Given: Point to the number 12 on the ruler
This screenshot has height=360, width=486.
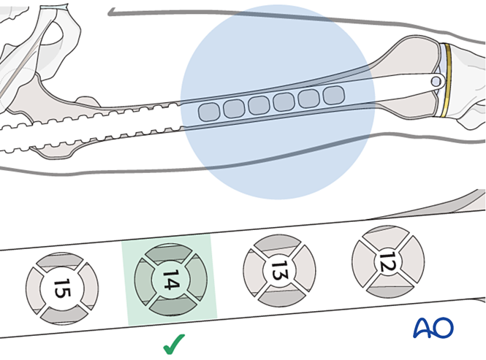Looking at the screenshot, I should coord(388,258).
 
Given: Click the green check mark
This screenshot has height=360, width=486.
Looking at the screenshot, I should coord(173,342).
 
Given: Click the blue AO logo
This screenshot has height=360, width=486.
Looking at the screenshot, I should coord(433,328).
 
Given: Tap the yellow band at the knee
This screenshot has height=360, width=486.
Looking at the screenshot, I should coord(447,80).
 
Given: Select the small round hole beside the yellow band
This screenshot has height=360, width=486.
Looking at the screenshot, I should coord(436,82).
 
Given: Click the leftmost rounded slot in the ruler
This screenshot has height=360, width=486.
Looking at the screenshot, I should coord(210,112).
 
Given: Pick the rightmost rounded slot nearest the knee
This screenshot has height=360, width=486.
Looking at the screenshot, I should coord(333,95).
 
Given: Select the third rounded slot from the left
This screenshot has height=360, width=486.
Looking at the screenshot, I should coord(259,105).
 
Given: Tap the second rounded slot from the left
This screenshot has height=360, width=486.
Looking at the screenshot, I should coord(234,109).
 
